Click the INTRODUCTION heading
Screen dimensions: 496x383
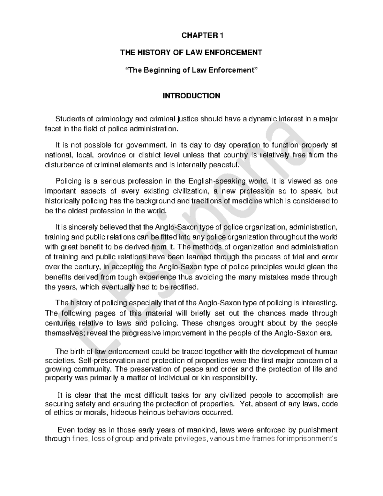tap(191, 96)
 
